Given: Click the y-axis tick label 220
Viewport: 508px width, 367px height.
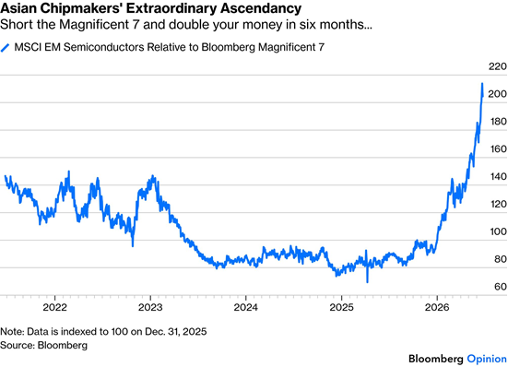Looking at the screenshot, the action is coord(497,66).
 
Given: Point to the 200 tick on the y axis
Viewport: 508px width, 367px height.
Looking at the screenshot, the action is coord(497,94).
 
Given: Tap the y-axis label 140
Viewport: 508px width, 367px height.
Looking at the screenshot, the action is coord(498,176).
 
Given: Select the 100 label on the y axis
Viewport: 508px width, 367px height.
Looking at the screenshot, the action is coord(498,231).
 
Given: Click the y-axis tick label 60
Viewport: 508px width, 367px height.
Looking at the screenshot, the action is coord(500,287).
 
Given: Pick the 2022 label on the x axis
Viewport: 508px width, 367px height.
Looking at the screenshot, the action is coord(54,307).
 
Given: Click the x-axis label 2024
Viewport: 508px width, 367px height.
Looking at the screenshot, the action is coord(246,307).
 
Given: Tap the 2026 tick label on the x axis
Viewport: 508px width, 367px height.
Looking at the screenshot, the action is coord(437,307).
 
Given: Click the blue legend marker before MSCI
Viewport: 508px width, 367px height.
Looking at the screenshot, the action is coord(6,48).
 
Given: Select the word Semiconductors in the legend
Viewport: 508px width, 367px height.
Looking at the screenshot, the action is coord(103,47).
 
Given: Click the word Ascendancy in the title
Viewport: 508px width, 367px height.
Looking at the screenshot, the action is coord(261,8).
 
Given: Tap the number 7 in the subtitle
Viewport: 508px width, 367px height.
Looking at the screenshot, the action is coord(136,25).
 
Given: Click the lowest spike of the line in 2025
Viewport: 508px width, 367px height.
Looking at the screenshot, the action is coord(367,282).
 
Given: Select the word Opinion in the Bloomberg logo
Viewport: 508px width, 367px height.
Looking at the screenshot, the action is coord(487,359).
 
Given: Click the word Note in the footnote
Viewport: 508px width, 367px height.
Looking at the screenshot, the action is coord(11,332).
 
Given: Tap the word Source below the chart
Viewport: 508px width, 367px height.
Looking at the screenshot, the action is coord(17,345).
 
